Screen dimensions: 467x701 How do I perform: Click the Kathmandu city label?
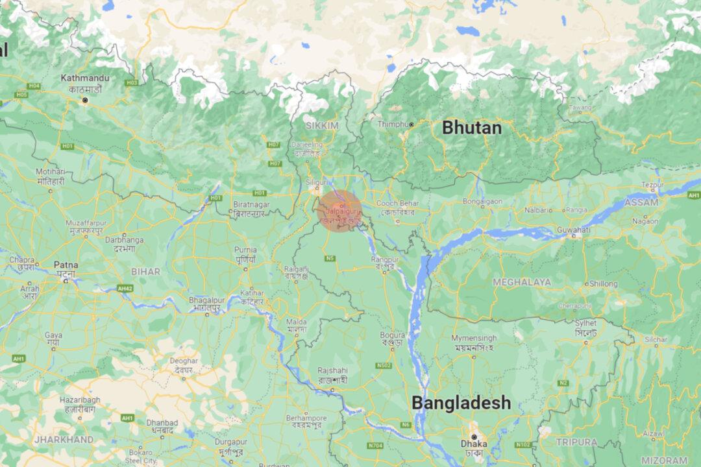point(85,78)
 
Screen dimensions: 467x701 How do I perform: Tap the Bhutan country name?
point(471,128)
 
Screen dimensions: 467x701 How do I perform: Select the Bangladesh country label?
point(461,403)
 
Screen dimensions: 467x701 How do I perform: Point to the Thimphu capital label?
point(392,123)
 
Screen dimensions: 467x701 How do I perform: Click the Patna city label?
point(66,265)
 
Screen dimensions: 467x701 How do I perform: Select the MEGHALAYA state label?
point(522,282)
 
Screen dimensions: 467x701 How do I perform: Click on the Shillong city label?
point(603,283)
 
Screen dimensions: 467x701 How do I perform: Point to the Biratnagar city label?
point(251,206)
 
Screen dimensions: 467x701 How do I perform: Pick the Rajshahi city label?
point(332,370)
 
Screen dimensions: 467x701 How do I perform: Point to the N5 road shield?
point(330,257)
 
